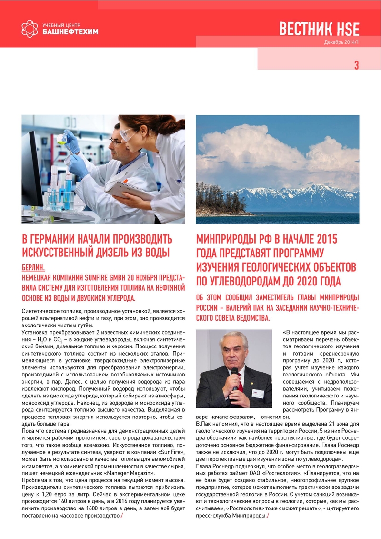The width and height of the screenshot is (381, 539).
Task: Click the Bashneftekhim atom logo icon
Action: click(29, 28)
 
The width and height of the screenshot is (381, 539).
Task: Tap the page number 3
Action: click(356, 66)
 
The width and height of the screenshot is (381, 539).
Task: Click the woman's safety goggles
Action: click(128, 135)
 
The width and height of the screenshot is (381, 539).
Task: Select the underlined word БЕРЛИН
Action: click(36, 268)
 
